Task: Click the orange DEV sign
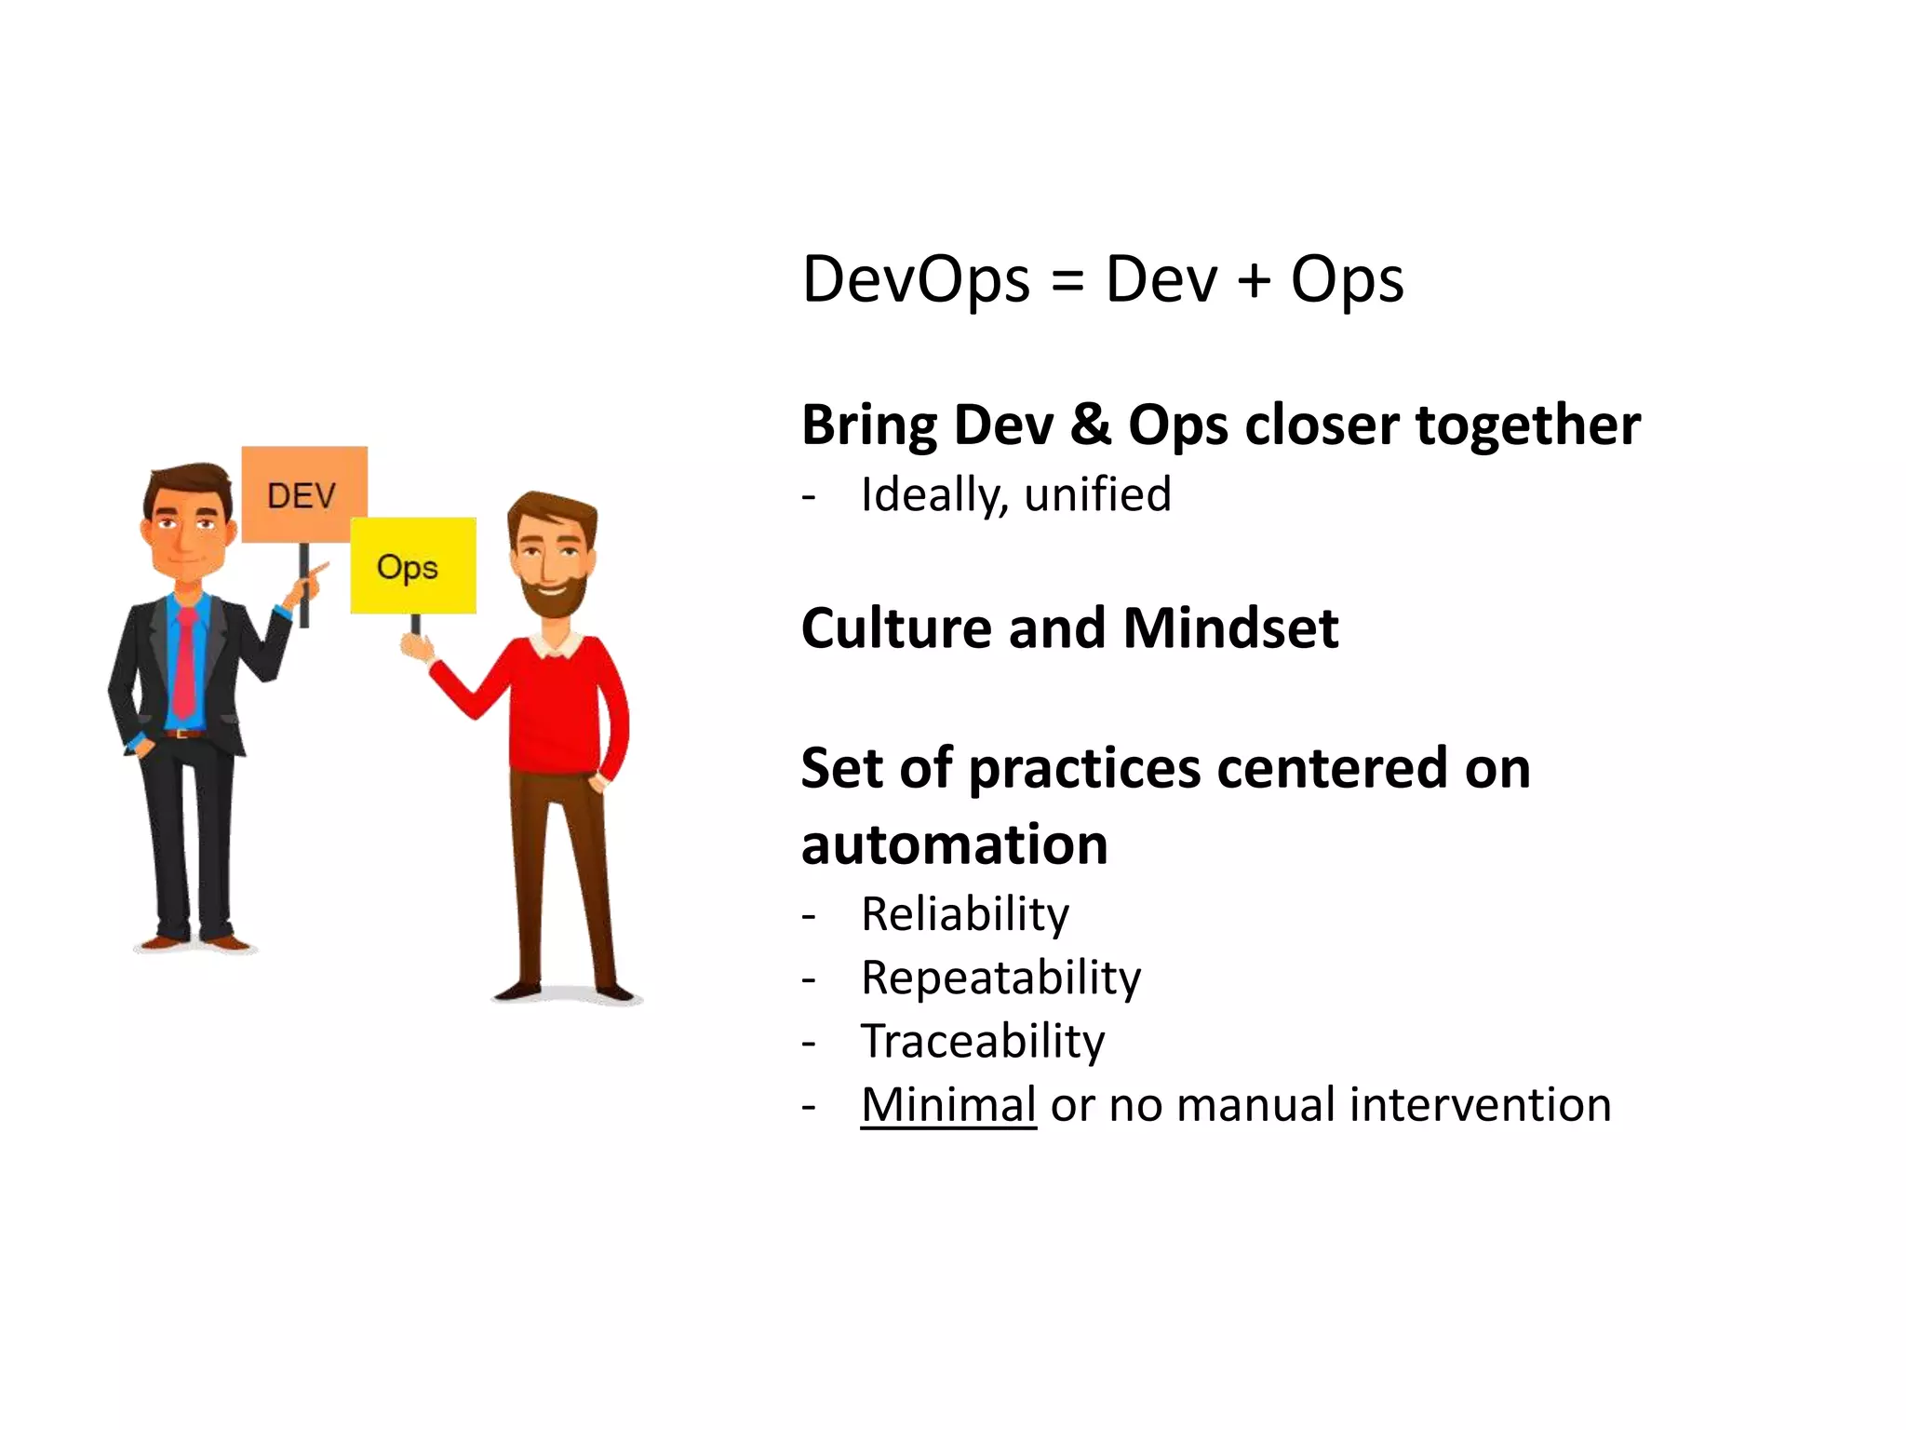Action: (304, 494)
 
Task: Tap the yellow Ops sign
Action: (412, 565)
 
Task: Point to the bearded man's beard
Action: (556, 596)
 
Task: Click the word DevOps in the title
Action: (916, 278)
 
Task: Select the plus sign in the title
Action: (1254, 280)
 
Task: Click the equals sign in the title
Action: (1067, 280)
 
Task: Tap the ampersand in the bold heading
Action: (1091, 425)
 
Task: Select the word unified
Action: (1097, 494)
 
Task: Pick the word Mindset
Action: (1230, 628)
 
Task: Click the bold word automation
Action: (954, 844)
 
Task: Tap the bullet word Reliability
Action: (965, 914)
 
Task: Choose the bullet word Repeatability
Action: (1000, 978)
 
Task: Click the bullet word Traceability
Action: (983, 1042)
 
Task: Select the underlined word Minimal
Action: (948, 1105)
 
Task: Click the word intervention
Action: (1480, 1105)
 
